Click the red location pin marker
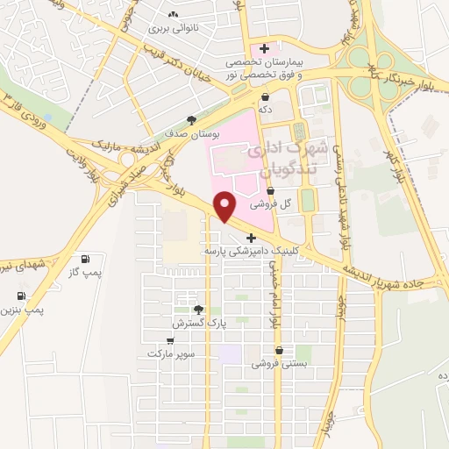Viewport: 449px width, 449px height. [x=226, y=206]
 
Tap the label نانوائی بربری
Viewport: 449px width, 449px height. [x=174, y=29]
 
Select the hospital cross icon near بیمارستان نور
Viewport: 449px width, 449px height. [x=264, y=47]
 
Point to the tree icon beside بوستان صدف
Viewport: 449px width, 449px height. [x=191, y=120]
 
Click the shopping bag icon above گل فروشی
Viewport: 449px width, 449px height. [x=269, y=190]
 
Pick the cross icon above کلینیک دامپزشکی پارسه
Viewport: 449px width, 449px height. [x=251, y=238]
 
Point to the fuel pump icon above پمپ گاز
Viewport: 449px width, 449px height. [x=85, y=260]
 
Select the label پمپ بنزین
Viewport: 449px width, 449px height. [x=21, y=310]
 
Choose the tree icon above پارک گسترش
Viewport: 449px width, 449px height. [x=198, y=310]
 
